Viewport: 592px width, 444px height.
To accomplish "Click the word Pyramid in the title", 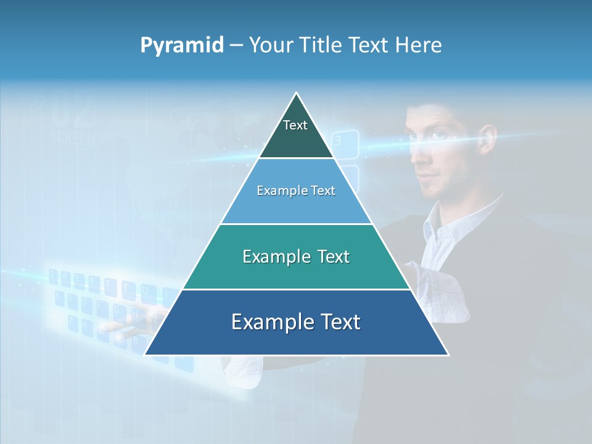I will click(182, 45).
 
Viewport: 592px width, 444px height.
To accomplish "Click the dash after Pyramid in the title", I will click(236, 46).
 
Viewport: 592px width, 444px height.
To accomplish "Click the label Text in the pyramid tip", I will click(295, 125).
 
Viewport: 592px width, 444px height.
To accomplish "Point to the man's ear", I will click(488, 139).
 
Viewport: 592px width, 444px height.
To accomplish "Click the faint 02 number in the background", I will click(72, 111).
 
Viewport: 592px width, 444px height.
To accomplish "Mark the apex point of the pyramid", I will click(297, 93).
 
